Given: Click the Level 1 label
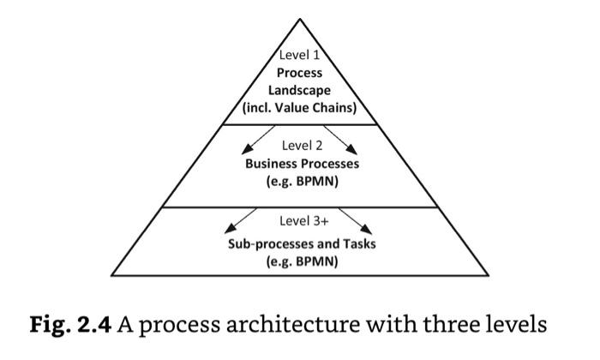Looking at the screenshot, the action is (x=299, y=55).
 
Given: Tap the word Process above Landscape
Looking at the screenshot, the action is (x=300, y=73).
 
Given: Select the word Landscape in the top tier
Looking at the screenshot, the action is (x=299, y=91).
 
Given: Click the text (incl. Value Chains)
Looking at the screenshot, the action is (x=300, y=108).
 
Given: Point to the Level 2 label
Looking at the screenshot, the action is (x=303, y=146).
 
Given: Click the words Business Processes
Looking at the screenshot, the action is (x=303, y=164).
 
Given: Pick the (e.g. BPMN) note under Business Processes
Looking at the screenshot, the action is (x=303, y=182).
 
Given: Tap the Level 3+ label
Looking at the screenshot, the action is (x=304, y=221).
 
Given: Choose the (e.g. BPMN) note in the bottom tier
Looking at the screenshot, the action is (x=303, y=261).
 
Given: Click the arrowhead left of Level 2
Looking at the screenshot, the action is (x=247, y=149).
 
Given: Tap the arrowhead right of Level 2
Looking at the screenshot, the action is (x=351, y=150).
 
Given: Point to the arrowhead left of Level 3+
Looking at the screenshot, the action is (x=230, y=229).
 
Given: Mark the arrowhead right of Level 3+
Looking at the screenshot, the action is (x=366, y=229).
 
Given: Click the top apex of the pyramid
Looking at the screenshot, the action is (x=300, y=19).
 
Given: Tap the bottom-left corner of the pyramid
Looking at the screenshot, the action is (x=111, y=275).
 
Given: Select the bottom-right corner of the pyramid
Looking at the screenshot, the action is (x=489, y=275).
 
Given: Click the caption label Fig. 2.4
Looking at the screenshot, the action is (x=70, y=325).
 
